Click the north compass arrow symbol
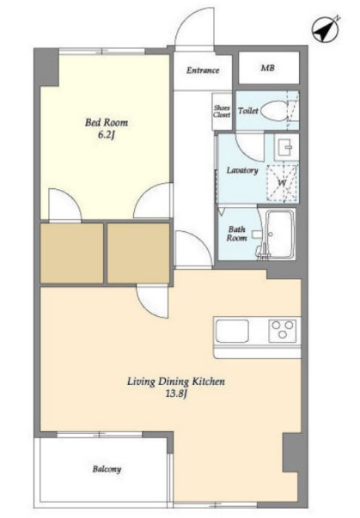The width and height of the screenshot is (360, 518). click(x=326, y=30)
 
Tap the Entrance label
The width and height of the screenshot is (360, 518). click(x=203, y=70)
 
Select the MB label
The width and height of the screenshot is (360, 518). click(x=267, y=68)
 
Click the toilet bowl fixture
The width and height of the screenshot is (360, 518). click(x=273, y=110)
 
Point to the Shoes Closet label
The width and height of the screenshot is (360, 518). click(x=222, y=111)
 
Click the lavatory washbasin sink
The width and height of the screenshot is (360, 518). click(x=286, y=147)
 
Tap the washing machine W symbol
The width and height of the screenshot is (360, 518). click(x=283, y=182)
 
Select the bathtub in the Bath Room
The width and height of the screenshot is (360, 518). click(x=281, y=234)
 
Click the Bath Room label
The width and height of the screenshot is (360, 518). click(x=237, y=234)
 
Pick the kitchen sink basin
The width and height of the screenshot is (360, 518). click(x=232, y=332)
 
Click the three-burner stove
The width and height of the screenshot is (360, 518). click(x=283, y=331)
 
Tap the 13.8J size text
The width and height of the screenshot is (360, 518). click(x=176, y=394)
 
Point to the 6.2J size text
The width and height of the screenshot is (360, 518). click(x=106, y=136)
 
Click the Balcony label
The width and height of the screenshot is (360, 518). click(x=107, y=469)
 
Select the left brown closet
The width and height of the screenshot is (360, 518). click(x=71, y=253)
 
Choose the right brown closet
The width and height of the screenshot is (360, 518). click(x=138, y=253)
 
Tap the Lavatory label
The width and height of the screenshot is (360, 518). click(x=242, y=170)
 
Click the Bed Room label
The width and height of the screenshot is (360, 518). click(x=107, y=123)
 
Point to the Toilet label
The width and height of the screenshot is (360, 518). click(x=248, y=111)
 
